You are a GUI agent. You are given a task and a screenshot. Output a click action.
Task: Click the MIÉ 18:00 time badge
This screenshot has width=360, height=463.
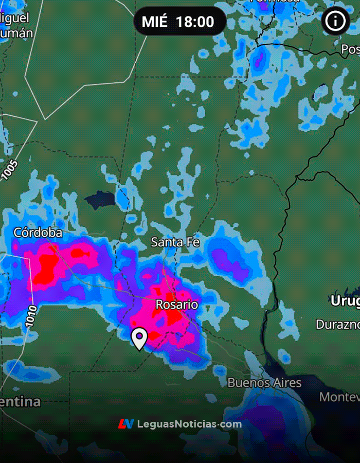click(178, 21)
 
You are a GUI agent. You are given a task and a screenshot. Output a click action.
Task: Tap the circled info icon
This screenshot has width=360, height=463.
click(335, 21)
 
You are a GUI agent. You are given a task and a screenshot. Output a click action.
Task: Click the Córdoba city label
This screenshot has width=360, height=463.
click(38, 233)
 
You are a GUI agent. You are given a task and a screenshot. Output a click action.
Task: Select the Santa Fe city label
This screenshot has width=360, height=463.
click(175, 242)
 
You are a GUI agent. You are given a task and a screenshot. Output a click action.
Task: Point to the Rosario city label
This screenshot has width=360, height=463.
click(177, 305)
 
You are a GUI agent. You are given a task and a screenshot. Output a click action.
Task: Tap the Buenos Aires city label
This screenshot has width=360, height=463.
click(264, 383)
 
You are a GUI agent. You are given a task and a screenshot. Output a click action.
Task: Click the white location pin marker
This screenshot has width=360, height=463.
click(139, 338)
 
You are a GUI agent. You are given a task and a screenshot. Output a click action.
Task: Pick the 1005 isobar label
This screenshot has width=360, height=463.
click(9, 170)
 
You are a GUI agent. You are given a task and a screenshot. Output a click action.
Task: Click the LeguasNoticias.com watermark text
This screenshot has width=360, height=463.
click(189, 424)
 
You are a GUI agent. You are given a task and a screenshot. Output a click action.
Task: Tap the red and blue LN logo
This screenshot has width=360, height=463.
click(126, 424)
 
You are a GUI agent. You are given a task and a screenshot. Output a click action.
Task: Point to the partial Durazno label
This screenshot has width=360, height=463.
click(337, 325)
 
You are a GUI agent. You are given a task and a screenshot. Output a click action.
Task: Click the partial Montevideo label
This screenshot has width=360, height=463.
click(339, 397)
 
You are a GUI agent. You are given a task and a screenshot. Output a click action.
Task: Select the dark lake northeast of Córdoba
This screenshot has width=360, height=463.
click(100, 200)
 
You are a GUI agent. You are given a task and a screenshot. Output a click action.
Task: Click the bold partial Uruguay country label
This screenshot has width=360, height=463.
click(345, 301)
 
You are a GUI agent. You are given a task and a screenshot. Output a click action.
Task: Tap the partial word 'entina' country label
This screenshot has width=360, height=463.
click(21, 402)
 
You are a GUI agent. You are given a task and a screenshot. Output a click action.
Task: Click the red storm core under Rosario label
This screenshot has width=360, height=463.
click(172, 319)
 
